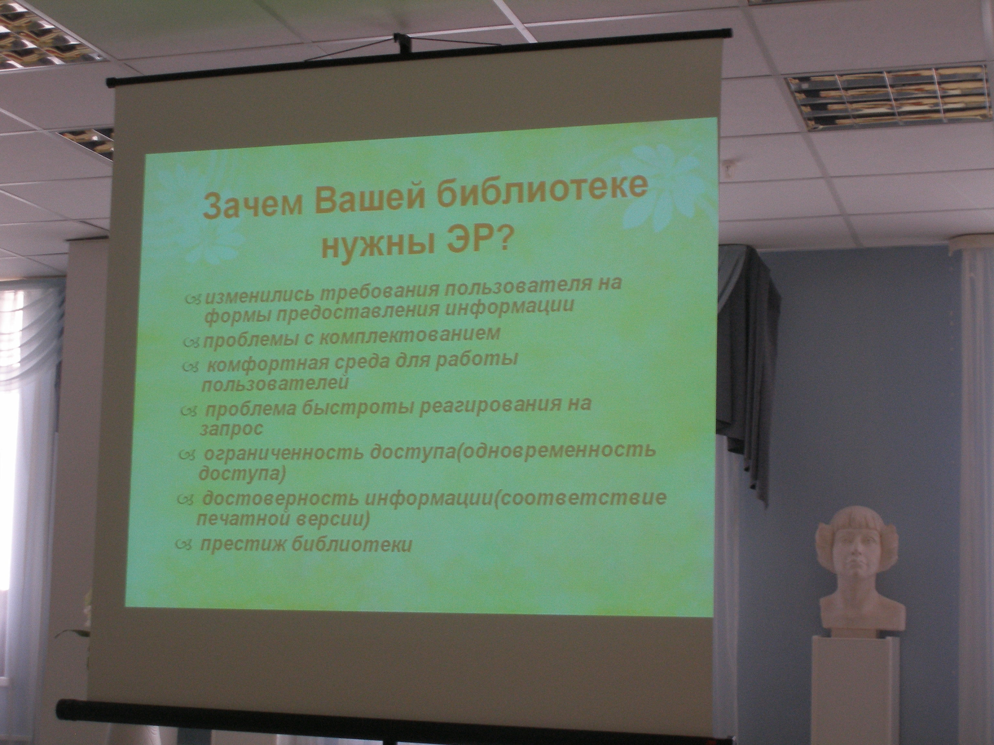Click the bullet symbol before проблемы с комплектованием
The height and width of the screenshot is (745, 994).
click(x=191, y=343)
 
